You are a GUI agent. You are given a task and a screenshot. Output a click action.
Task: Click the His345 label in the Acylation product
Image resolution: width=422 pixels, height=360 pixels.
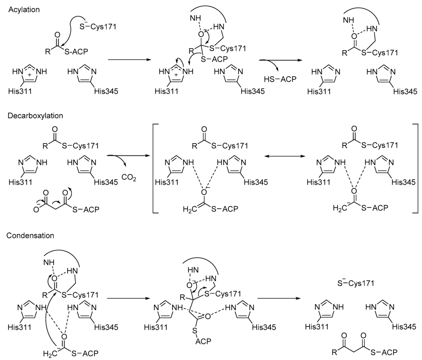click(x=406, y=91)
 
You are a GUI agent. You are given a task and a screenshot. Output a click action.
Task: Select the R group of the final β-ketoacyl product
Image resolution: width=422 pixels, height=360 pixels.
click(x=335, y=352)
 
